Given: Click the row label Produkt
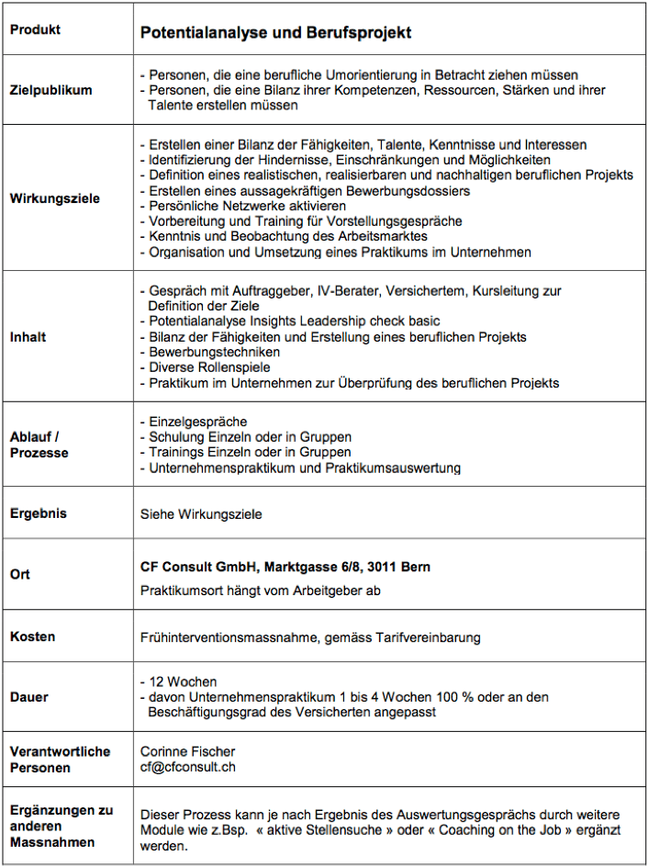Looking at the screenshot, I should point(35,29).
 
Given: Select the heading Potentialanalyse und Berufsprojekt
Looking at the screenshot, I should point(275,33).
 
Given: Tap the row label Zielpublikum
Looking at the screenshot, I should point(50,91).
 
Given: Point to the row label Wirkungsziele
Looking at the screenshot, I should point(54,198).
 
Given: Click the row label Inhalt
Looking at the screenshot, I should point(28,337).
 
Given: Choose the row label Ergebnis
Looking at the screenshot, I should point(38,513).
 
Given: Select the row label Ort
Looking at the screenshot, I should point(19,574).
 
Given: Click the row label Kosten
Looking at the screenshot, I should point(32,636).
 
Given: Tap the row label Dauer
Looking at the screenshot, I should point(28,696).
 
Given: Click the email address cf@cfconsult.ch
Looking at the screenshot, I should point(187,767).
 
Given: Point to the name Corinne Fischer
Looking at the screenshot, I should point(187,751).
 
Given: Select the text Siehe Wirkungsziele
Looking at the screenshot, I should point(201,514).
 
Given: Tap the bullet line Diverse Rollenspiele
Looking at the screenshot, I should point(207,367).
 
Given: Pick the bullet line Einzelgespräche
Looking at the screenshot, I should point(197,422).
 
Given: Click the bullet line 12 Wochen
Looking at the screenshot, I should point(182,681).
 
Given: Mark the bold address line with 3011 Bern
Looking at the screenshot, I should point(285,568).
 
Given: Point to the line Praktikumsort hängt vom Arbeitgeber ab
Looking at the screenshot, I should point(260,591).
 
